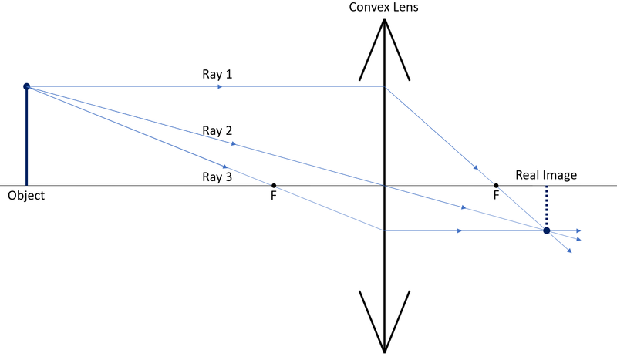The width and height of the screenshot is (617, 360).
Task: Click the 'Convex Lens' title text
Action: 384,7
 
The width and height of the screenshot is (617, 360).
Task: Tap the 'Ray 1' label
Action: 217,75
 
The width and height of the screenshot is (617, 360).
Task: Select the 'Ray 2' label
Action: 217,130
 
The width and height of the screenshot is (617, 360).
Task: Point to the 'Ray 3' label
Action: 217,177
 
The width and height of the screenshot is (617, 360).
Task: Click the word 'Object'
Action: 26,196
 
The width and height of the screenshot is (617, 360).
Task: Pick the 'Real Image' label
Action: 546,176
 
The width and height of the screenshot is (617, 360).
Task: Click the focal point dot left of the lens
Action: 274,186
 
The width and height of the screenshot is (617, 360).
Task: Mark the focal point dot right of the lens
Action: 496,186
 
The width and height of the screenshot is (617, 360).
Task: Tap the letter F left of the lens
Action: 274,197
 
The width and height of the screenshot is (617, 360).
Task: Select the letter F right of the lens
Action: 496,197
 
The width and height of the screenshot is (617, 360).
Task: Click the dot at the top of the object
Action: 26,86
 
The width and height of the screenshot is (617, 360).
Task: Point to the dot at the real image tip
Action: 546,230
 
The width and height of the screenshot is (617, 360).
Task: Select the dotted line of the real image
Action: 546,206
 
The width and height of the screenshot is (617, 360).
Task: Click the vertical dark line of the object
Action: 26,139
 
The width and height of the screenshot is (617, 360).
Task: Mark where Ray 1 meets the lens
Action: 384,87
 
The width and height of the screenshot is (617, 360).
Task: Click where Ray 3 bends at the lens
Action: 384,230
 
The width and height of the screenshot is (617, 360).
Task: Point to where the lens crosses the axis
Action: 384,186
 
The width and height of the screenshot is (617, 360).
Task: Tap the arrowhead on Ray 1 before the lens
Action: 221,87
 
